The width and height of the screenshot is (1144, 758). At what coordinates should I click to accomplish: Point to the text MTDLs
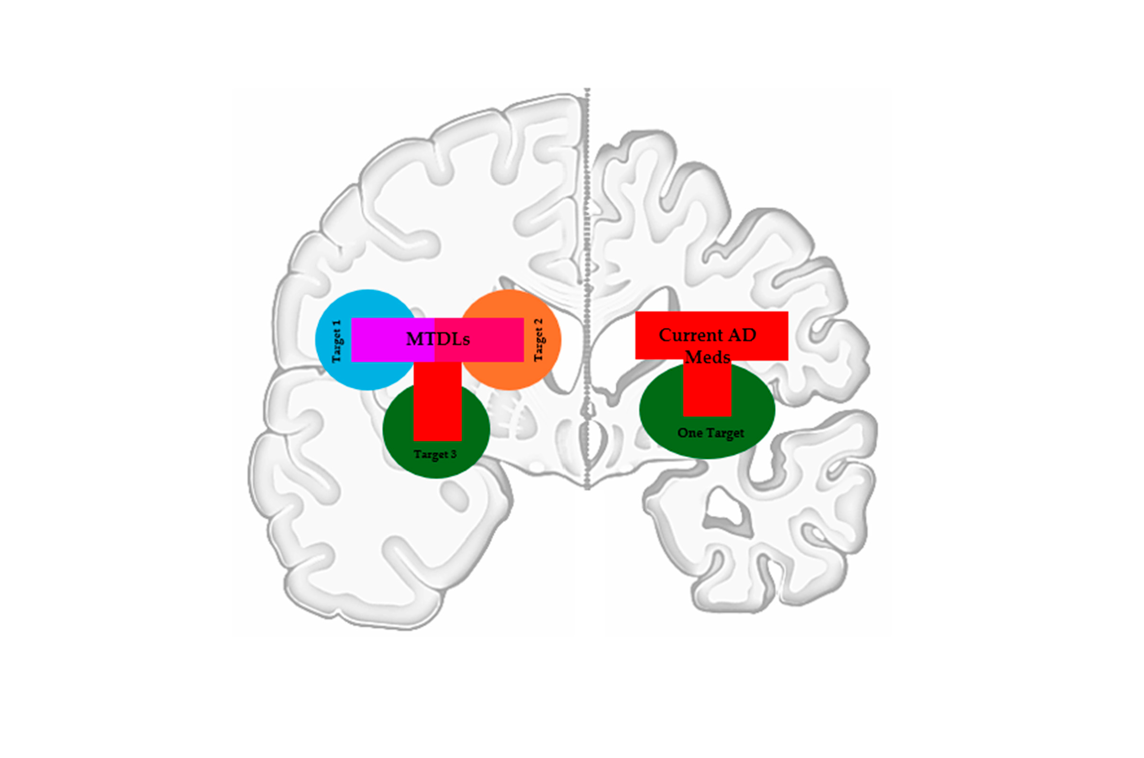pyautogui.click(x=438, y=339)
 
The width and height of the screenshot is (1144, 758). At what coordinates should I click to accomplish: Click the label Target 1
pyautogui.click(x=337, y=341)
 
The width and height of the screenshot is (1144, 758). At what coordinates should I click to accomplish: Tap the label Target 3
pyautogui.click(x=435, y=454)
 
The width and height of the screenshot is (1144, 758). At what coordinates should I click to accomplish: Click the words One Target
pyautogui.click(x=710, y=433)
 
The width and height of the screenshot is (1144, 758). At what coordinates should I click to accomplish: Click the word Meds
pyautogui.click(x=707, y=357)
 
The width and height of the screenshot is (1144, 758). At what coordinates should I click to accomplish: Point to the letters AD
pyautogui.click(x=742, y=335)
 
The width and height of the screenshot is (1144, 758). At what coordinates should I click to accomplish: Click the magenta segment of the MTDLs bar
pyautogui.click(x=377, y=339)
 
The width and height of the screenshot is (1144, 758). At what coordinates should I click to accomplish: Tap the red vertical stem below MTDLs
pyautogui.click(x=438, y=401)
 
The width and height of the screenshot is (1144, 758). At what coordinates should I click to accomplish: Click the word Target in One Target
pyautogui.click(x=725, y=433)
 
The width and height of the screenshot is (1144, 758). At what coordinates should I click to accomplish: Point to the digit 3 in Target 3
pyautogui.click(x=453, y=454)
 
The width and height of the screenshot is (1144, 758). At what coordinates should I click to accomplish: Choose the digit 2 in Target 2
pyautogui.click(x=538, y=322)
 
